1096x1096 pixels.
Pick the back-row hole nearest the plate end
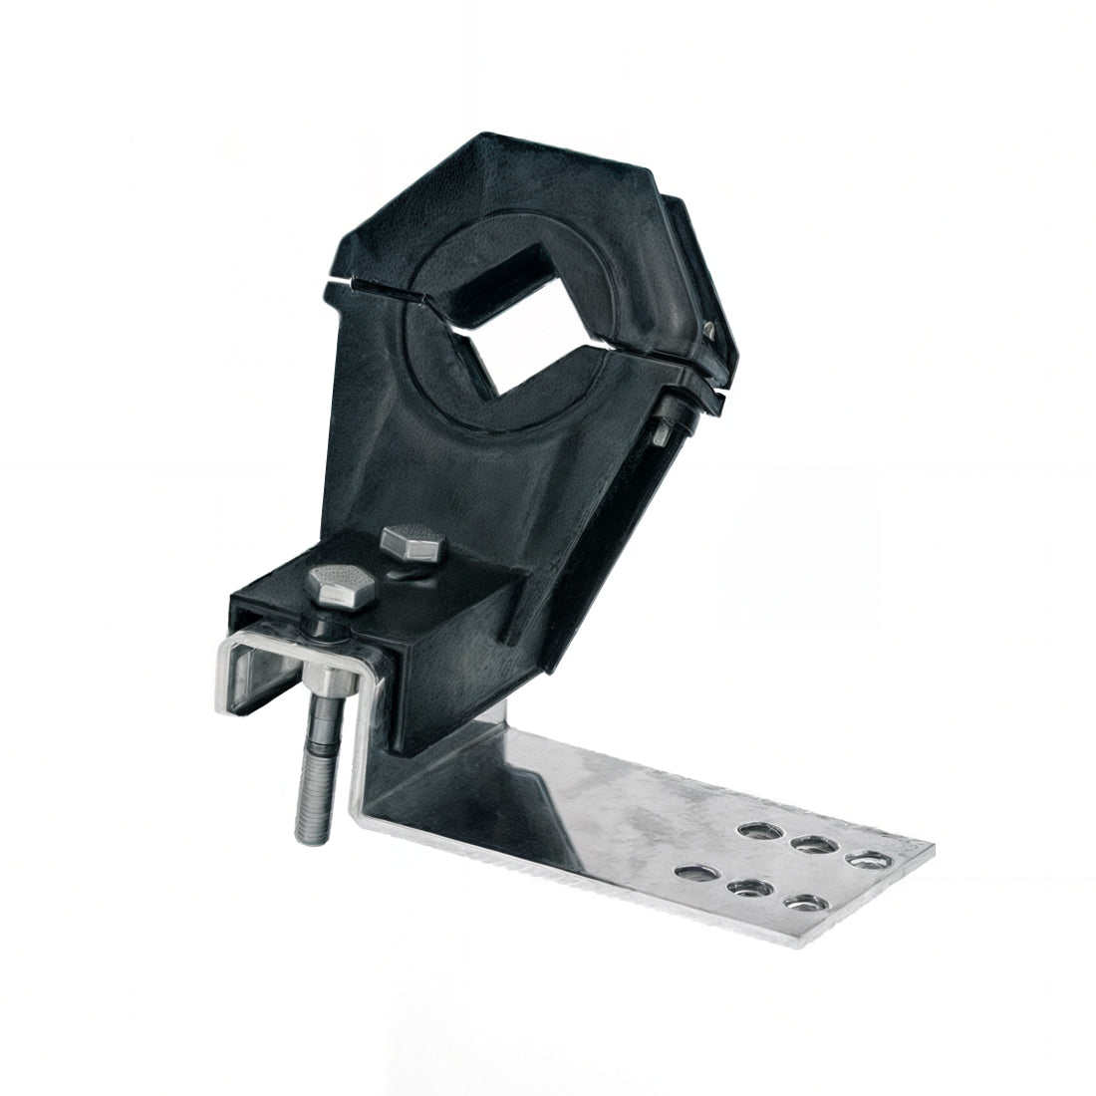(x=867, y=858)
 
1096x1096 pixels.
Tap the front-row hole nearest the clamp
(x=693, y=873)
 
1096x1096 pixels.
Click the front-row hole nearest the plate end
(x=802, y=905)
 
